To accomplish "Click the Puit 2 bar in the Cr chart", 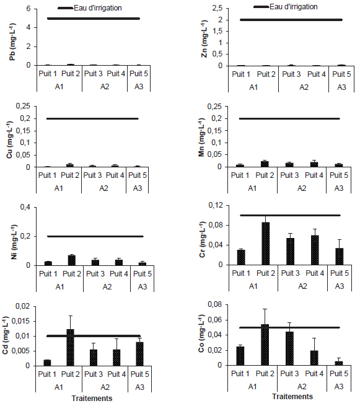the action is coord(266,244).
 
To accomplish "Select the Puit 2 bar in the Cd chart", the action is coord(70,348).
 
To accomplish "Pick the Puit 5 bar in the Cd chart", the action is coord(140,354).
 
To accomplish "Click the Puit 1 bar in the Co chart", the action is coord(240,356).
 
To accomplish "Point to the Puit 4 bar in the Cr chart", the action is coord(315,250).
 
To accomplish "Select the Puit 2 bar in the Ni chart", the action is coord(72,260).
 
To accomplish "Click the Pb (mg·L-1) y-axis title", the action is coord(12,42).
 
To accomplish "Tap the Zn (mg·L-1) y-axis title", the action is coord(204,38).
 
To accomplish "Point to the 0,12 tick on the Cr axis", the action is coord(216,205).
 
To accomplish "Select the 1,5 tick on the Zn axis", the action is coord(217,32).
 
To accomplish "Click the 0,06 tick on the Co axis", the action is coord(216,320).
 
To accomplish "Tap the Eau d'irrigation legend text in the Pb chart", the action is coord(98,8).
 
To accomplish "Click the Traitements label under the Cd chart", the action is coord(92,398).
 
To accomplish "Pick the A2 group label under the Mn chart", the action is coord(302,188).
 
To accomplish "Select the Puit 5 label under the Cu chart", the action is coord(138,175).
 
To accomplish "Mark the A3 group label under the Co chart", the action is coord(339,387).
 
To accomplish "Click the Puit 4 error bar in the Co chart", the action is coord(314,345).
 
